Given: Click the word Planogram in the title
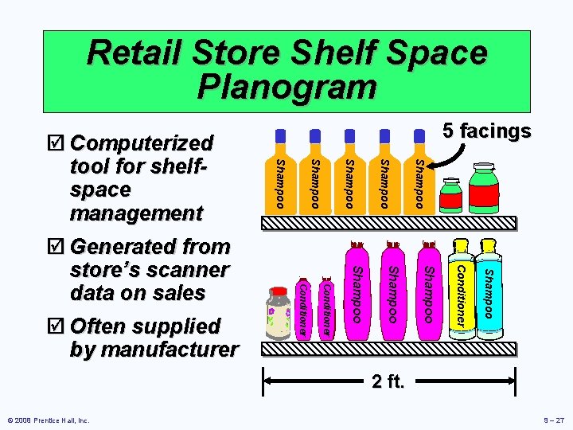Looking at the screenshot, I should pyautogui.click(x=286, y=86).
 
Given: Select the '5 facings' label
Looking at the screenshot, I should pyautogui.click(x=487, y=131).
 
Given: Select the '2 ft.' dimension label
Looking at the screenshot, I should pyautogui.click(x=388, y=382).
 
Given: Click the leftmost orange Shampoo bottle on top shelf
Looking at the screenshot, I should pyautogui.click(x=279, y=179).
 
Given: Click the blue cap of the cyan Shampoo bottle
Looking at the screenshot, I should pyautogui.click(x=487, y=241).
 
